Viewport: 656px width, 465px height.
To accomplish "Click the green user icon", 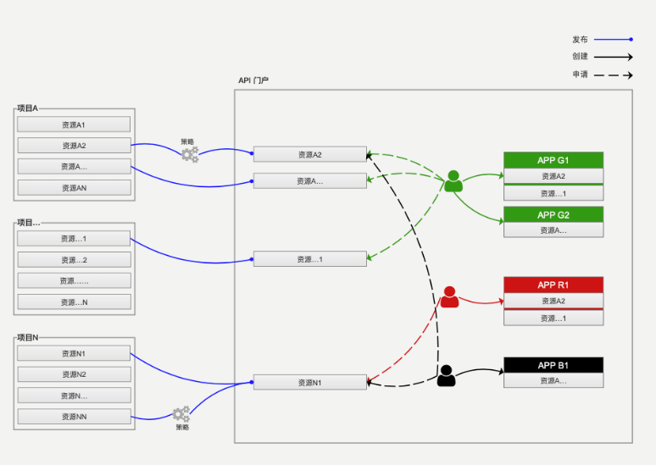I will [453, 181].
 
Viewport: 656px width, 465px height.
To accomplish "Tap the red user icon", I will [449, 297].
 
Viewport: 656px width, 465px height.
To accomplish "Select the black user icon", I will [447, 375].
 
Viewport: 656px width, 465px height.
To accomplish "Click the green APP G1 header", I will [553, 160].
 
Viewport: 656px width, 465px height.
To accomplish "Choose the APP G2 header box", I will [553, 214].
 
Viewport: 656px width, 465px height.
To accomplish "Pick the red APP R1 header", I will [553, 285].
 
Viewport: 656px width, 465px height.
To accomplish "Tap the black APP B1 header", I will [553, 365].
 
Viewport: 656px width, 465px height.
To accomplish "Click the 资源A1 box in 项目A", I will [74, 125].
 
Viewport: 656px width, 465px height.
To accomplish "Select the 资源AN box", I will [74, 188].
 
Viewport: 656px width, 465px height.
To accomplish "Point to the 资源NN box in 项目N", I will [74, 417].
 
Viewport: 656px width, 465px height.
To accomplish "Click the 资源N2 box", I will [74, 374].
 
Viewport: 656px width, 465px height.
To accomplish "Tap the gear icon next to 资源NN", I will [181, 414].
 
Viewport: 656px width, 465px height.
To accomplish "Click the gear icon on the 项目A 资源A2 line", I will [190, 154].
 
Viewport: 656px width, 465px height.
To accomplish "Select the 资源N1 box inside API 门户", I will [309, 383].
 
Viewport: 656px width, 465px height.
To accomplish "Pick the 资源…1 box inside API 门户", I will [309, 259].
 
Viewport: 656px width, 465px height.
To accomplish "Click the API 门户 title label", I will [253, 80].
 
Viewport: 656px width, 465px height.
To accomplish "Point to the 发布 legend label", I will [580, 39].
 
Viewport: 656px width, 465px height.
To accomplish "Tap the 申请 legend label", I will [580, 75].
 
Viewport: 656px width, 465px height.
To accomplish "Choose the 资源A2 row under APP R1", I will [553, 301].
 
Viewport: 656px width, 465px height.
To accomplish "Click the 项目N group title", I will [28, 338].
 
